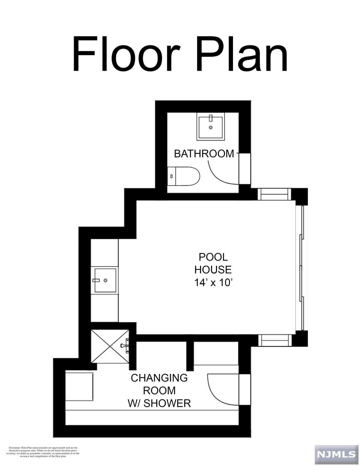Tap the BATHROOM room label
tap(204, 154)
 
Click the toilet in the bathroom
tap(184, 176)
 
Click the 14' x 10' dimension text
tap(213, 283)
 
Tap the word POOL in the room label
tap(213, 257)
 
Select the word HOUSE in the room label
tap(213, 270)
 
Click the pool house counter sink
tap(105, 280)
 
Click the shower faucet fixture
tap(125, 346)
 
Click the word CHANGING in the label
tap(159, 378)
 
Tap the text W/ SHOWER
tap(159, 403)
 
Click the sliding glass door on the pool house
tap(301, 268)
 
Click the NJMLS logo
tap(336, 454)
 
